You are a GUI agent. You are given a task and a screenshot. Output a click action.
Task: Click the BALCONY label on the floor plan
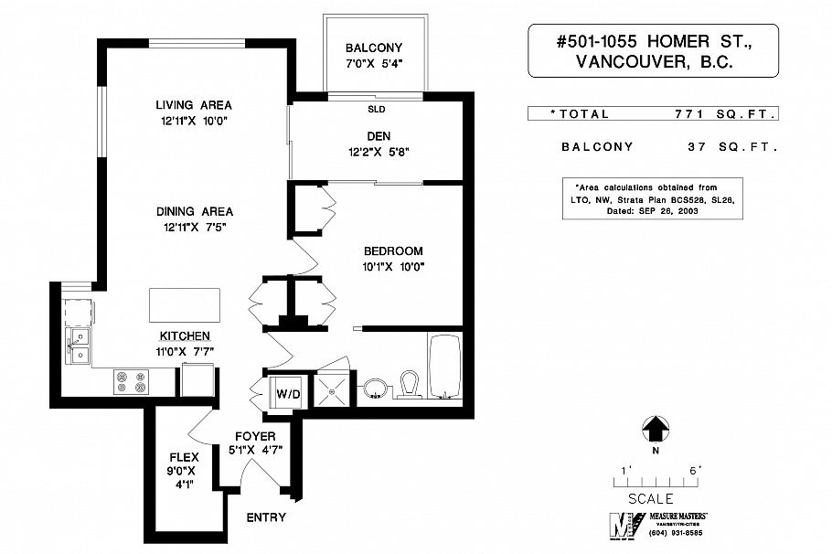click(373, 48)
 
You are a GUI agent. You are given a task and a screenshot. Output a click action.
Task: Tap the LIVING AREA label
click(193, 104)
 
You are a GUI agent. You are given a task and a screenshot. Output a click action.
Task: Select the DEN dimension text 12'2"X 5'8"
click(379, 153)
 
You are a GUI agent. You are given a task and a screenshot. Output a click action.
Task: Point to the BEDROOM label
click(392, 251)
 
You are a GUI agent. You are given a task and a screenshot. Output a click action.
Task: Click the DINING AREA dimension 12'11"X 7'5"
click(193, 227)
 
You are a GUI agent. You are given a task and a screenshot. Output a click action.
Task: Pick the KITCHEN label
click(186, 336)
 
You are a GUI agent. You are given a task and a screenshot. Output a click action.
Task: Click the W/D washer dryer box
click(288, 393)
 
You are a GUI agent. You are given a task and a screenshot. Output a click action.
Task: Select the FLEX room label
click(184, 457)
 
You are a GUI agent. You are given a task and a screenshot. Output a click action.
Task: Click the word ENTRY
click(266, 517)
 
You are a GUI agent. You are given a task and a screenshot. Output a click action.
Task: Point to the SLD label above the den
click(376, 107)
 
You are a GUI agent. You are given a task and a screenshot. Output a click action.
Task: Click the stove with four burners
click(131, 381)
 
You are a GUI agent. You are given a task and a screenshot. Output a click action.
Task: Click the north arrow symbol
click(655, 428)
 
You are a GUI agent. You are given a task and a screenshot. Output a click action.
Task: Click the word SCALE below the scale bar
click(651, 499)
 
